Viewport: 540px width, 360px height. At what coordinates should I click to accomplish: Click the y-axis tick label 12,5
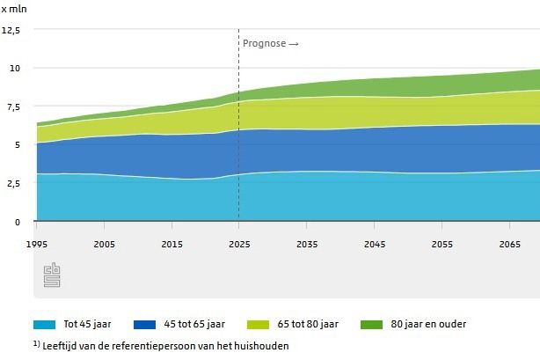point(11,30)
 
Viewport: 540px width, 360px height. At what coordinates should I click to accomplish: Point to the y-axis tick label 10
point(14,69)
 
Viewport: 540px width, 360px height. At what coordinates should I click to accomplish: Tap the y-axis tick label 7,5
point(12,107)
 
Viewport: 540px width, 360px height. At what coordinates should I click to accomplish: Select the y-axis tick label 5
point(17,145)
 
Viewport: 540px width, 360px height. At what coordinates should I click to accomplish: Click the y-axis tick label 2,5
point(12,183)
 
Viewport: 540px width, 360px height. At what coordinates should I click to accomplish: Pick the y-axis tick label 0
point(17,222)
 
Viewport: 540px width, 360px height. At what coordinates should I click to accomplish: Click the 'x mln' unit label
point(13,8)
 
